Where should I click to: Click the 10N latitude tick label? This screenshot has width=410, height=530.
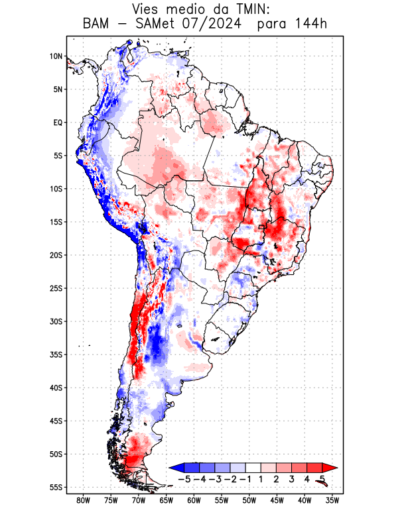click(56, 56)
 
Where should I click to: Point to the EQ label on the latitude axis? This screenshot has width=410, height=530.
click(58, 123)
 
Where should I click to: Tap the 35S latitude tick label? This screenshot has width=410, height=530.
click(56, 354)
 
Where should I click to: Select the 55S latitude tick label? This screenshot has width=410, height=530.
click(56, 487)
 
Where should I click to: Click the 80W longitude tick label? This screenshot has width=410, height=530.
click(83, 500)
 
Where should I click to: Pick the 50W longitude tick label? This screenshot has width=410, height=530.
click(249, 500)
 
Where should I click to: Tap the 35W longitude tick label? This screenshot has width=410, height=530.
click(332, 500)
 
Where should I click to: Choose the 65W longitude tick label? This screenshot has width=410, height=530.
click(166, 500)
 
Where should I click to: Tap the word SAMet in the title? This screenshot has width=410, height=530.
click(157, 25)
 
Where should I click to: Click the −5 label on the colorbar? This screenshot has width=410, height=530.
click(184, 479)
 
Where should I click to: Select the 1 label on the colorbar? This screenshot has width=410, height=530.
click(261, 479)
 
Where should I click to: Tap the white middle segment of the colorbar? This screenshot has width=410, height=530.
click(253, 467)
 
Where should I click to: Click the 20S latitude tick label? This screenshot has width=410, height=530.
click(56, 255)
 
